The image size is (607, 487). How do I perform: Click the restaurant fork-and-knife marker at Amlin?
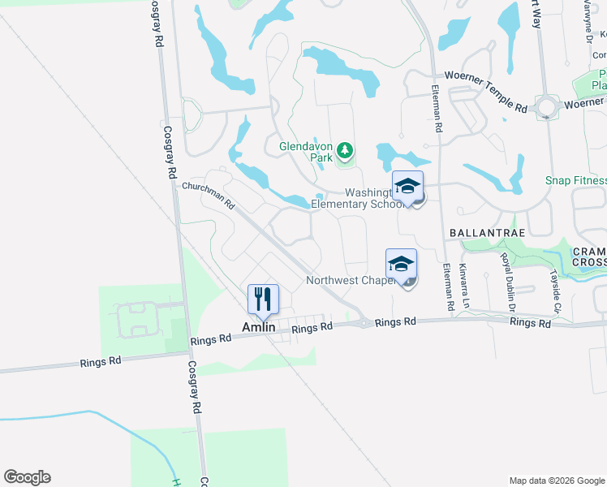pyautogui.click(x=263, y=299)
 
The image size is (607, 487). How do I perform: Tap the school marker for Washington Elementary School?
pyautogui.click(x=407, y=186)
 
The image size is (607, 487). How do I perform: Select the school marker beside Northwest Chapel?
pyautogui.click(x=401, y=264)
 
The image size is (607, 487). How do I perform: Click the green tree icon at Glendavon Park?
pyautogui.click(x=346, y=149)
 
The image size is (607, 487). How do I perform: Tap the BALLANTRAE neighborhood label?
pyautogui.click(x=484, y=232)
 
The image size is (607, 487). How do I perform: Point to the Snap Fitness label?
pyautogui.click(x=576, y=180)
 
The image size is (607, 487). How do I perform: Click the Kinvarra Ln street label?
pyautogui.click(x=465, y=278)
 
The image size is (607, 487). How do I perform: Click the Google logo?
pyautogui.click(x=27, y=477)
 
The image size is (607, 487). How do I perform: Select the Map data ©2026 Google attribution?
pyautogui.click(x=556, y=481)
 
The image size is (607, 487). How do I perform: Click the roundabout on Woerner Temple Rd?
pyautogui.click(x=549, y=107)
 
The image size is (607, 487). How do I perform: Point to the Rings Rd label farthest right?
pyautogui.click(x=531, y=323)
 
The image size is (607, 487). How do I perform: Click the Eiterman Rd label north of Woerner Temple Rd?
pyautogui.click(x=436, y=109)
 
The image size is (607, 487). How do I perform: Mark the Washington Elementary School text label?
pyautogui.click(x=357, y=198)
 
